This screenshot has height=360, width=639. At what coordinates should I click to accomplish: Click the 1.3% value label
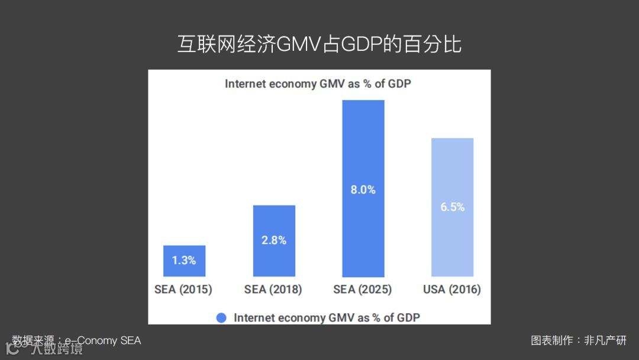point(184,260)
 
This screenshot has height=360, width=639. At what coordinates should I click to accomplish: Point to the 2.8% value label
point(274,240)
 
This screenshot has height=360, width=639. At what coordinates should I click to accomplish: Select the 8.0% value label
point(363,190)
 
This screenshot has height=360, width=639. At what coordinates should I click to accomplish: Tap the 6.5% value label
point(453,207)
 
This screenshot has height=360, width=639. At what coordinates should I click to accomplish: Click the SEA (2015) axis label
point(183,290)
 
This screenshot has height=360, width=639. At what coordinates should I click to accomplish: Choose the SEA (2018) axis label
point(273,290)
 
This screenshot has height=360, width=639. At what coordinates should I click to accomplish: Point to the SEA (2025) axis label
point(363,290)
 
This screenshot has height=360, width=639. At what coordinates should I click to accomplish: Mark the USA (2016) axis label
point(452,290)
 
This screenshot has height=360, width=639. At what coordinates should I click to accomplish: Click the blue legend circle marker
point(221,318)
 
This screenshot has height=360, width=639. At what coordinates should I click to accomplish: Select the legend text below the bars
point(327,318)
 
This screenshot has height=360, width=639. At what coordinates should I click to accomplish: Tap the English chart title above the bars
point(318,84)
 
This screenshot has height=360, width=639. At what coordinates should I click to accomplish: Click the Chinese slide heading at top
point(319,45)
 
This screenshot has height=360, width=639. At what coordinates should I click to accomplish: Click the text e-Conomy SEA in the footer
point(103,340)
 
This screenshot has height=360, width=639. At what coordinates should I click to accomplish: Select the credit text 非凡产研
point(605,340)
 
